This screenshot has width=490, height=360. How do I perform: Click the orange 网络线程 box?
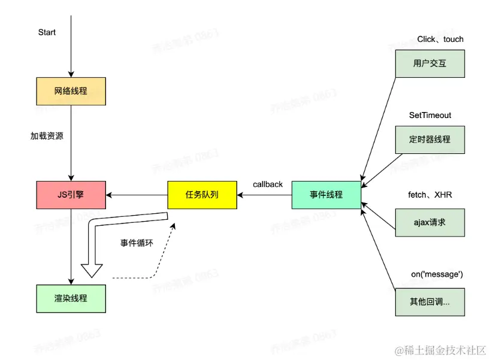[x=71, y=92]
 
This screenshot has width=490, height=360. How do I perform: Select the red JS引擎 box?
[x=71, y=195]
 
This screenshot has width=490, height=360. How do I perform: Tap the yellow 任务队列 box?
[x=202, y=195]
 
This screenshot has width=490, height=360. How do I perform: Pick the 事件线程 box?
[x=326, y=195]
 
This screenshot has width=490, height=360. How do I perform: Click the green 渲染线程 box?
[x=71, y=298]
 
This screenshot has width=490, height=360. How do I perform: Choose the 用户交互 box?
[x=429, y=63]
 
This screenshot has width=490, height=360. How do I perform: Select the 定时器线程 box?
[x=429, y=140]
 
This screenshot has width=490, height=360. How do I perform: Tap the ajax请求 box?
[x=429, y=222]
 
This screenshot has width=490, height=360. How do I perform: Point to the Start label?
[x=47, y=32]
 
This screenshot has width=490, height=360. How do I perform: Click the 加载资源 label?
[x=47, y=136]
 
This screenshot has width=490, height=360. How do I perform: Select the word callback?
[x=268, y=184]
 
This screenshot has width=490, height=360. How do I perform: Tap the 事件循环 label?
[x=137, y=243]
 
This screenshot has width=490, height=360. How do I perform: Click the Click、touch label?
[x=440, y=40]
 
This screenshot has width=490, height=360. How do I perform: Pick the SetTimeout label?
[x=429, y=115]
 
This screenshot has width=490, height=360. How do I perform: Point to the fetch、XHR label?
[x=429, y=195]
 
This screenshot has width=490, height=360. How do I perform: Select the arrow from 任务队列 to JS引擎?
[x=137, y=195]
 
